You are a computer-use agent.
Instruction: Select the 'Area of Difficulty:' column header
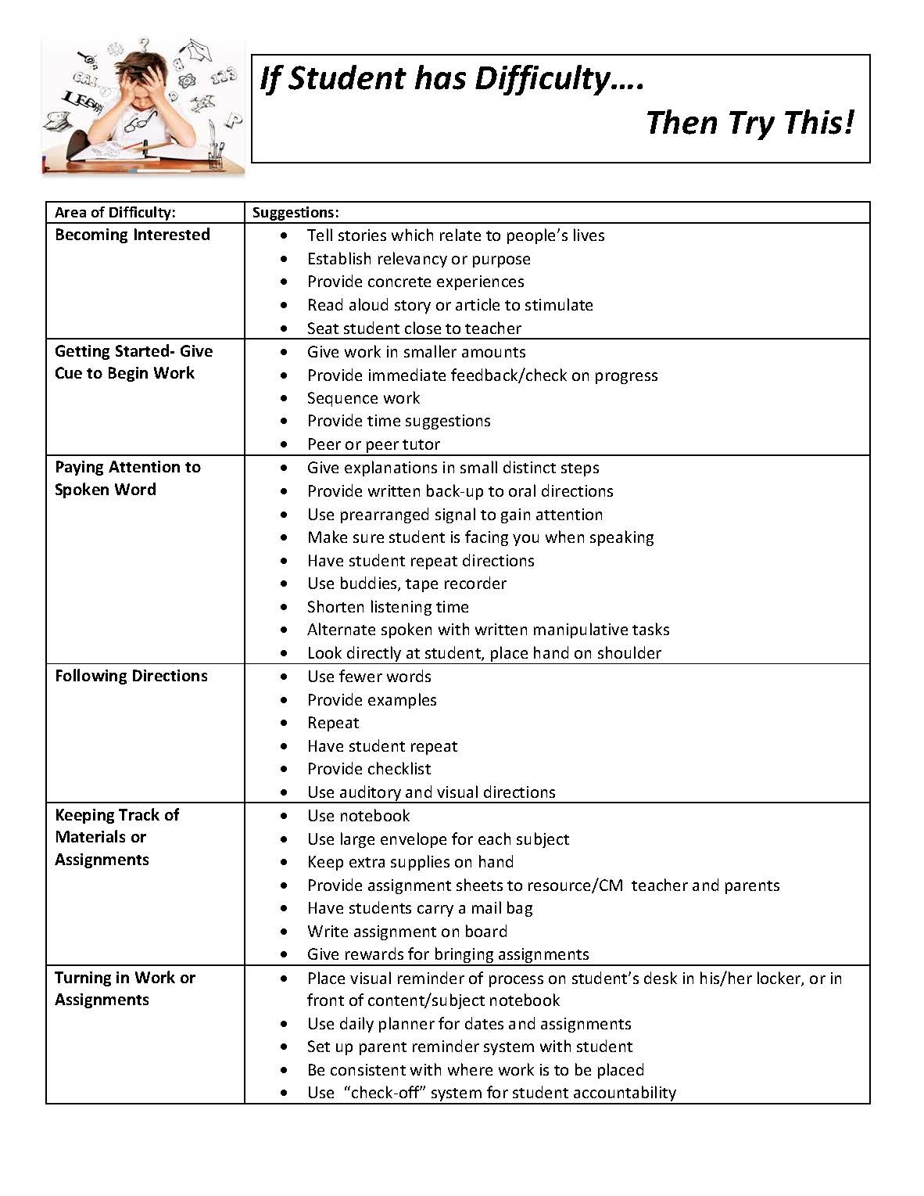coord(115,213)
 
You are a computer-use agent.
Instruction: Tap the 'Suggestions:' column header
coord(295,213)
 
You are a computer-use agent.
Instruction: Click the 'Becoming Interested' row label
coord(132,235)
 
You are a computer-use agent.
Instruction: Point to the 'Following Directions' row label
coord(131,676)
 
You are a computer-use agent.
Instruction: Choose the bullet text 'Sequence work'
coord(364,398)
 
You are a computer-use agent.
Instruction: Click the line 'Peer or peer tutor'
coord(374,444)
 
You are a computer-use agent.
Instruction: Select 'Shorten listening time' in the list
coord(388,607)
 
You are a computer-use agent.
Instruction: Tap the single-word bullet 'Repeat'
coord(333,723)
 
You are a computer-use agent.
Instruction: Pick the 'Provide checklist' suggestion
coord(369,769)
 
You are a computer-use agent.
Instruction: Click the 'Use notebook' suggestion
coord(358,816)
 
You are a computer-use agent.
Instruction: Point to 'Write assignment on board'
coord(407,932)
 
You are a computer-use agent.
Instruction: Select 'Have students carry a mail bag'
coord(420,908)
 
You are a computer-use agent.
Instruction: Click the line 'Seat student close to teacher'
coord(414,329)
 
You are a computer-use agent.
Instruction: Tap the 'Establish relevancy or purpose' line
coord(419,259)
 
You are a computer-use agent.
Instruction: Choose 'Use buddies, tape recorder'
coord(406,584)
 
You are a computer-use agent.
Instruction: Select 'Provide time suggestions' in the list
coord(399,421)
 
